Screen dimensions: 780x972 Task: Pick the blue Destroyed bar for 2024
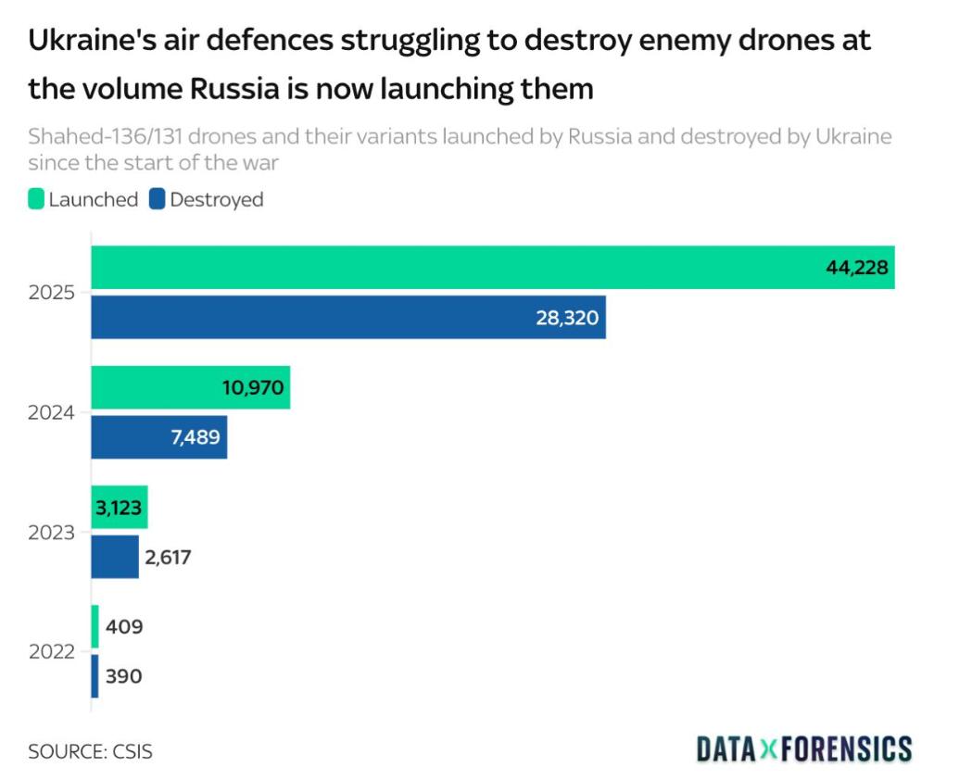pos(130,436)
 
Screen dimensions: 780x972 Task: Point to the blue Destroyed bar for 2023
pos(114,556)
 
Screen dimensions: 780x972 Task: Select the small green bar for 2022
pos(95,626)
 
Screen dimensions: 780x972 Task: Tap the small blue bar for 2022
pos(95,676)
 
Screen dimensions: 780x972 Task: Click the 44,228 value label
pos(857,268)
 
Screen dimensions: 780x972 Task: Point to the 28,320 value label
pos(567,318)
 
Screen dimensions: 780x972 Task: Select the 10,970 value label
pos(252,387)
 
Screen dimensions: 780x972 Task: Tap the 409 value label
pos(124,627)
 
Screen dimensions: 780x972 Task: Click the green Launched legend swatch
pos(37,199)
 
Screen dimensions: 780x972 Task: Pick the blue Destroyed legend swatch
pos(157,199)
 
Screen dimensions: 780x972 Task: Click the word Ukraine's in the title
pos(82,42)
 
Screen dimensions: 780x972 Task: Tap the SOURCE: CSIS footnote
pos(90,751)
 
